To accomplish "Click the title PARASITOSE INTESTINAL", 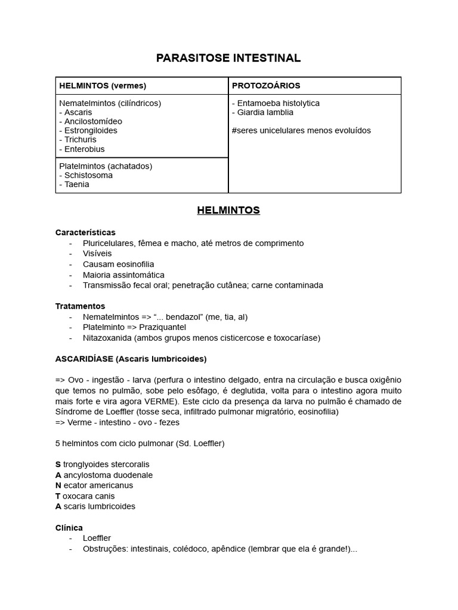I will pos(228,58).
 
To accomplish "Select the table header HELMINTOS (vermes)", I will pos(103,86).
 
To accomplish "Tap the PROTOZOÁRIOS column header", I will pos(266,86).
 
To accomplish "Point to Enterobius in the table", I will pos(84,149).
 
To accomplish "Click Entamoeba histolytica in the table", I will pos(278,103).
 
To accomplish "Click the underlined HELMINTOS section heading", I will pos(228,210).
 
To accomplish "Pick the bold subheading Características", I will pos(85,232).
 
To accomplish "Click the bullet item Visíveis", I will pos(97,254).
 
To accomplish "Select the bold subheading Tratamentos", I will pos(80,306).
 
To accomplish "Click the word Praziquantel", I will pos(162,328).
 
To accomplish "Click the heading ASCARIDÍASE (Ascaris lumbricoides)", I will pos(131,359).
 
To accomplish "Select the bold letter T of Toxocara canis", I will pos(58,496).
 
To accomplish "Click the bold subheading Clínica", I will pos(69,528).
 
